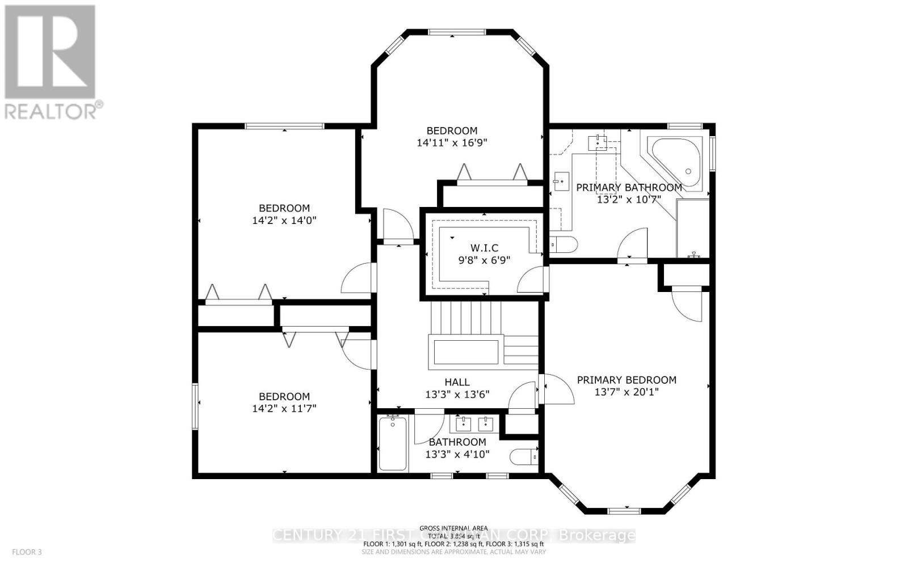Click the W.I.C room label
pos(484,248)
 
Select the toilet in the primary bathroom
pos(564,245)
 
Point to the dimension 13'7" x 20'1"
pos(627,392)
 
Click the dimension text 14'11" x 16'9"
pos(452,143)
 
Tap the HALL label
pos(457,382)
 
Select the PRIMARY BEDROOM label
pos(627,380)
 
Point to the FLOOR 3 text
pos(27,552)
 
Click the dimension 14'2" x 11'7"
pos(284,408)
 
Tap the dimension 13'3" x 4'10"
pos(457,454)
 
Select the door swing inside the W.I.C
pos(532,280)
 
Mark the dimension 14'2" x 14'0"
pos(284,220)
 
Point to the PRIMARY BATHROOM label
pos(629,188)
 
